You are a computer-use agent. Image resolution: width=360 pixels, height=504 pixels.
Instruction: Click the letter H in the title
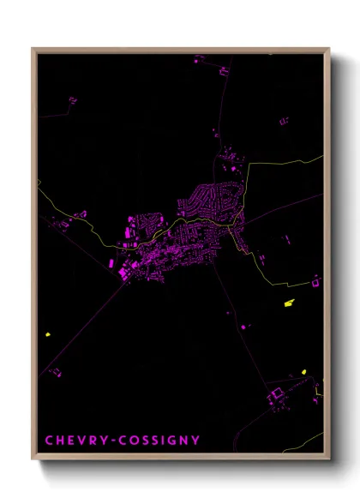tap(61, 441)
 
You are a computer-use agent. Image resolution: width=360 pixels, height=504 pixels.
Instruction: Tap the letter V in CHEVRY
tap(84, 441)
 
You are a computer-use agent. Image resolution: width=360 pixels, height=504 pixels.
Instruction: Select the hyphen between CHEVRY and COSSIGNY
tap(117, 441)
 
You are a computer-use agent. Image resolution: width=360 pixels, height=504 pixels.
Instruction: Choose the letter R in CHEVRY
tap(95, 441)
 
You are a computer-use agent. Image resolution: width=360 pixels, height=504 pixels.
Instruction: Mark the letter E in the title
tap(72, 441)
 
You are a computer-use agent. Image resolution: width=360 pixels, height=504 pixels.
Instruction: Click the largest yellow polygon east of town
tap(289, 302)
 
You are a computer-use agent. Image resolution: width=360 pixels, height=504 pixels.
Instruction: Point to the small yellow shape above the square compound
tap(303, 373)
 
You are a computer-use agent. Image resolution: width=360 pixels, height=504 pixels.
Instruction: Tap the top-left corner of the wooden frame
tap(33, 49)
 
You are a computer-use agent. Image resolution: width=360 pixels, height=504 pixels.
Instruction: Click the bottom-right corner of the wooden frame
tap(329, 459)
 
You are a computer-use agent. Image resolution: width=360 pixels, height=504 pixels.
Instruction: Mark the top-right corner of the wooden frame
tap(329, 49)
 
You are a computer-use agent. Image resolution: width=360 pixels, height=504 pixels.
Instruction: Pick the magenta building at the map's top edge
tap(199, 60)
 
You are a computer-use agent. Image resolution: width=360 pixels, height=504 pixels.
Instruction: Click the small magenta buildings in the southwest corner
tap(56, 371)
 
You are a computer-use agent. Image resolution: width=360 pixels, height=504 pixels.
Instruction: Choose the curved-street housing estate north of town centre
tap(210, 199)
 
